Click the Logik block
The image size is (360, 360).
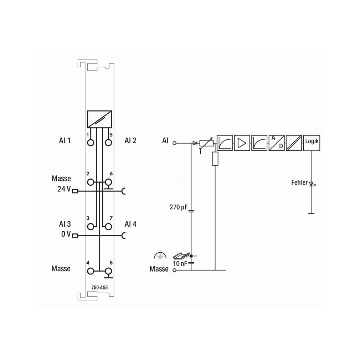(312, 143)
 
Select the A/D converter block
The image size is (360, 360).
(277, 143)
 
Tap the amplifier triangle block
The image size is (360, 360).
(242, 143)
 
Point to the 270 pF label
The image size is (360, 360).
(178, 207)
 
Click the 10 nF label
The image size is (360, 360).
(180, 263)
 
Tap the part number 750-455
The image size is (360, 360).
(99, 287)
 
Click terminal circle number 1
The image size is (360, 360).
(91, 143)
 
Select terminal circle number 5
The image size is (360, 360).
(108, 143)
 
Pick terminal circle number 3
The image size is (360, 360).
(91, 227)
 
